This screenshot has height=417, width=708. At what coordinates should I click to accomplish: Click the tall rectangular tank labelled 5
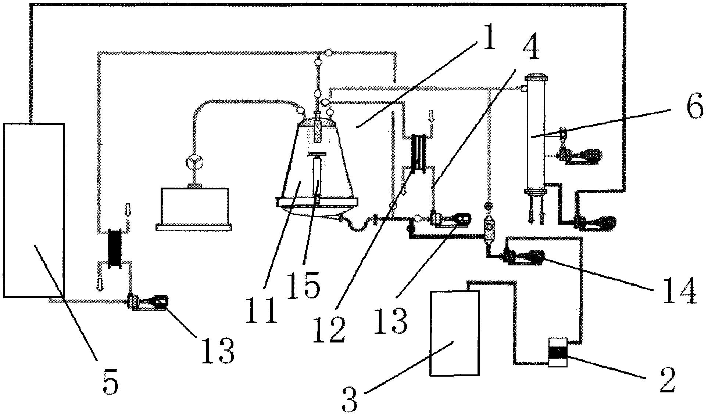point(34,210)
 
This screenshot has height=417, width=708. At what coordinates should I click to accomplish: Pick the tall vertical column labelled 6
point(535,134)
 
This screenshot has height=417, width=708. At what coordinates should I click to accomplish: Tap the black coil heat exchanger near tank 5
point(115,249)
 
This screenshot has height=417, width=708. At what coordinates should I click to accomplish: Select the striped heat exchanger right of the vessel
point(419,153)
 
